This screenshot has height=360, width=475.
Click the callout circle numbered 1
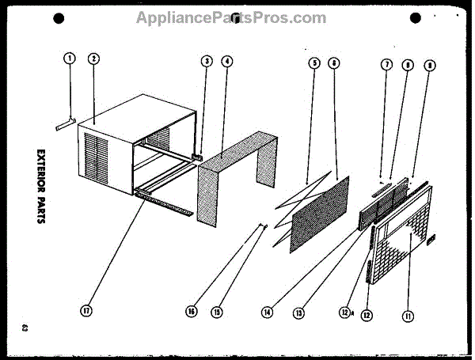70,58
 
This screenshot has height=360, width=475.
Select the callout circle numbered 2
93,58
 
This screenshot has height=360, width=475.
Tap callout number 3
206,61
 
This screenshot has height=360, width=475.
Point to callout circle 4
227,61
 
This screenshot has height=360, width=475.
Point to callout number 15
215,311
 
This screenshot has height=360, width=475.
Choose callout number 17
86,311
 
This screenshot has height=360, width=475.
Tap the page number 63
26,327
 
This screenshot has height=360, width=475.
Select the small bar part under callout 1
63,124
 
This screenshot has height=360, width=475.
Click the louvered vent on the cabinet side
98,157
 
